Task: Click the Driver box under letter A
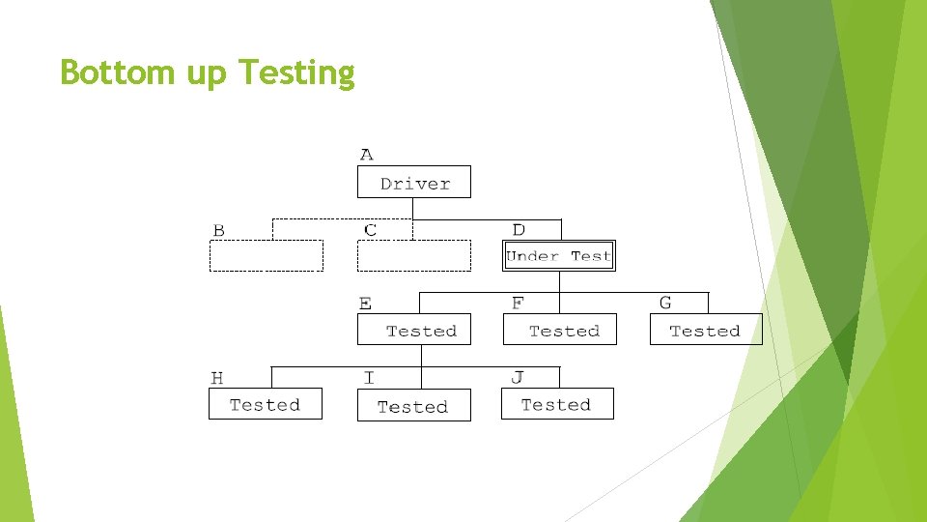click(x=414, y=183)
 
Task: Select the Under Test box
click(x=559, y=256)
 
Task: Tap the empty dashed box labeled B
click(x=267, y=256)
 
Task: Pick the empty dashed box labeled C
click(x=414, y=256)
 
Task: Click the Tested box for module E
click(x=414, y=330)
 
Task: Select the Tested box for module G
click(x=706, y=330)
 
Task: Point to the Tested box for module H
click(x=266, y=404)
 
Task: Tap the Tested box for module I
click(x=414, y=406)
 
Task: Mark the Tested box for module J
click(x=557, y=404)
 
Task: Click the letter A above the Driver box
click(x=366, y=155)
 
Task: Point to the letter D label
click(x=519, y=230)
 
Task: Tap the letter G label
click(x=665, y=304)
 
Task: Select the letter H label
click(x=217, y=378)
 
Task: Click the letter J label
click(x=518, y=377)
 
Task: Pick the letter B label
click(x=218, y=230)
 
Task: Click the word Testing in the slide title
click(x=296, y=72)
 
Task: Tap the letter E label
click(x=365, y=304)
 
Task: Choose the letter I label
click(x=369, y=378)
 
